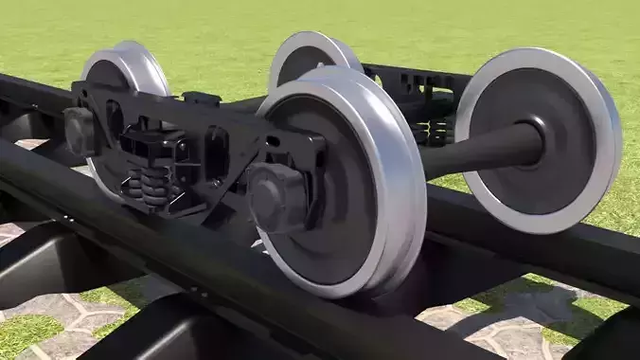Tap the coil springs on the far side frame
[x=438, y=131]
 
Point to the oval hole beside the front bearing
[x=217, y=153]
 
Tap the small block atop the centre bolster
[x=201, y=98]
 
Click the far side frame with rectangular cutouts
[x=417, y=81]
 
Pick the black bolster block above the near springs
[x=151, y=147]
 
